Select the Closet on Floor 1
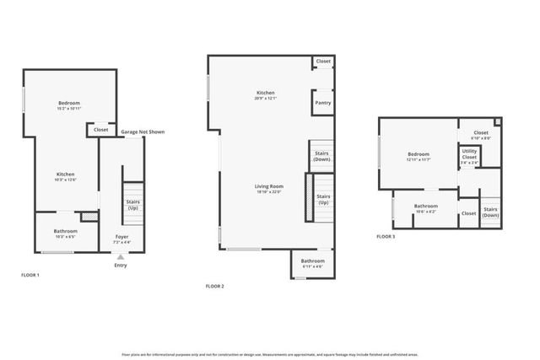(100, 130)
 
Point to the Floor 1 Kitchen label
(66, 176)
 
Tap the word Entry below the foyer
(121, 266)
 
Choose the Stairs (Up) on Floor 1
(132, 204)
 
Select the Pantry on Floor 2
(322, 103)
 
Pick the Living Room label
(269, 188)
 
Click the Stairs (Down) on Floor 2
(321, 156)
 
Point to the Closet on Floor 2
(323, 62)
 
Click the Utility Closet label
(469, 156)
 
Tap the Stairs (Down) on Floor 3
(490, 212)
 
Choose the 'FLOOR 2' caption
(215, 287)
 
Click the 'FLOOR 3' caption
(386, 237)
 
